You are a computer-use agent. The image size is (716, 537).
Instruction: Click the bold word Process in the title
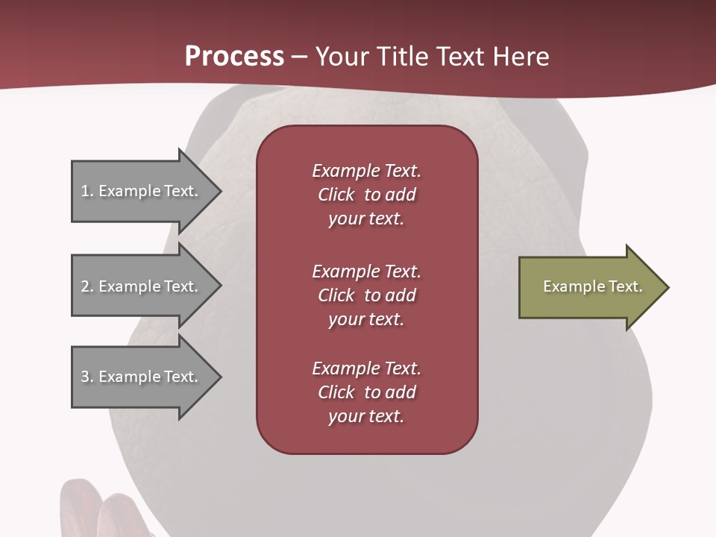pos(234,57)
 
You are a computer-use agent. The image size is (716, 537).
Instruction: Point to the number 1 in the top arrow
pos(85,191)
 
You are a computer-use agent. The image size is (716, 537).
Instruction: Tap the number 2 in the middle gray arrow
pos(85,286)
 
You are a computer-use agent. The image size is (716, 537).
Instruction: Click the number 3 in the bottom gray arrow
pos(85,377)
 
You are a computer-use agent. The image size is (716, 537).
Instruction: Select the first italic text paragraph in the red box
pos(366,195)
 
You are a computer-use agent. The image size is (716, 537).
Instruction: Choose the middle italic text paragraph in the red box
pos(366,295)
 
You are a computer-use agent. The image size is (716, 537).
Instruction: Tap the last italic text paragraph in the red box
pos(366,392)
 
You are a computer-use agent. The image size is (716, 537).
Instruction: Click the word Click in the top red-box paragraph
pos(336,195)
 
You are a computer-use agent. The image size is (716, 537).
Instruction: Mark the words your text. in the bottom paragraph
pos(366,416)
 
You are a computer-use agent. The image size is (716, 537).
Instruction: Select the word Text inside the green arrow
pos(626,286)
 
